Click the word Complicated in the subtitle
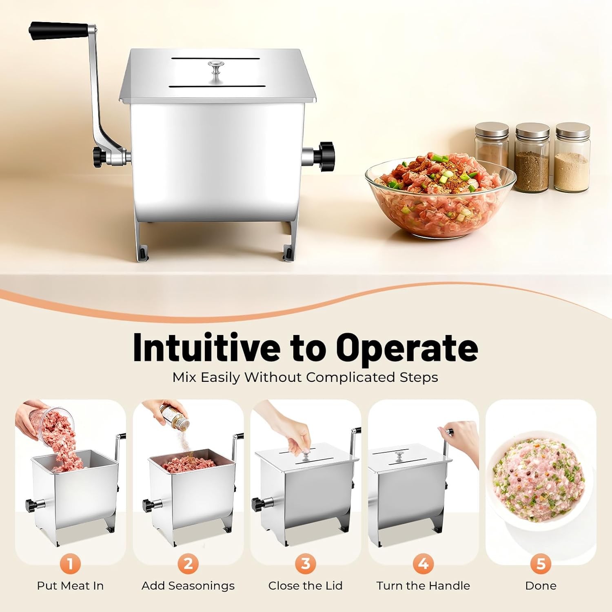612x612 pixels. point(350,377)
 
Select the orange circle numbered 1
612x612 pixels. point(70,564)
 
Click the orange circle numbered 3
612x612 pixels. point(305,564)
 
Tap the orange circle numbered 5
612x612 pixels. point(541,564)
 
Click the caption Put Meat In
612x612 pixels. point(70,586)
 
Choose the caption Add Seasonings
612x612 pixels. point(188,586)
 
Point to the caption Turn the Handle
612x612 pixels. point(423,586)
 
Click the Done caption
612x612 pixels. point(541,586)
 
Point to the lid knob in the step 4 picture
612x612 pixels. point(399,455)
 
